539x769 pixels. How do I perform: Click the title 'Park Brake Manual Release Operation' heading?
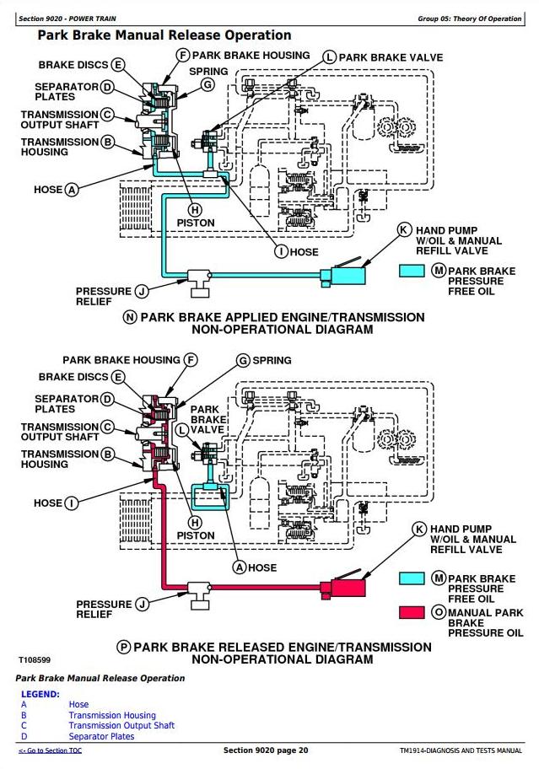[164, 35]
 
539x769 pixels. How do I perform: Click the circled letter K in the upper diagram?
[405, 229]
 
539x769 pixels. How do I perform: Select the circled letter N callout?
[130, 318]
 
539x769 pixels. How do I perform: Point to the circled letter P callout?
[124, 647]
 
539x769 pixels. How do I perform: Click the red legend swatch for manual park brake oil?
[411, 613]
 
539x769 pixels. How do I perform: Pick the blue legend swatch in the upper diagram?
[411, 271]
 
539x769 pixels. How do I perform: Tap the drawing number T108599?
[35, 660]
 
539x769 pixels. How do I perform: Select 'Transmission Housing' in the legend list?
[112, 715]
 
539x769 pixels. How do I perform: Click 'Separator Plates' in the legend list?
[101, 736]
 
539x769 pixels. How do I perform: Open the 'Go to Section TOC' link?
[51, 750]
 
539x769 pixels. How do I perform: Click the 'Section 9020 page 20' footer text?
[266, 750]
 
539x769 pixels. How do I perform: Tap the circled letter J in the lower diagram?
[142, 604]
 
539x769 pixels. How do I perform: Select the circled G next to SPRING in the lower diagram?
[243, 360]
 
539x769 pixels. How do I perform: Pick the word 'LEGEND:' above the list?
[40, 694]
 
